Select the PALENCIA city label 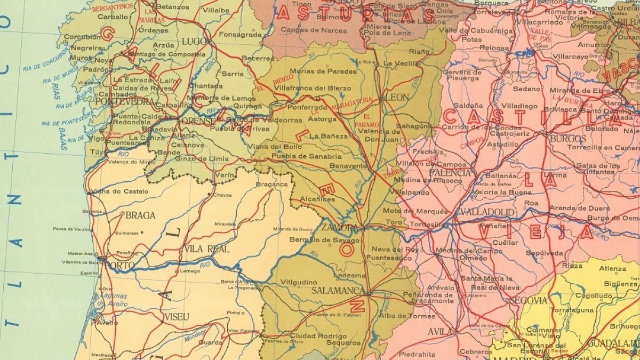pyautogui.click(x=450, y=173)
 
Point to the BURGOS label pyautogui.click(x=567, y=139)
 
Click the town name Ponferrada pyautogui.click(x=307, y=107)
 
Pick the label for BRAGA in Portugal pyautogui.click(x=140, y=215)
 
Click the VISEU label pyautogui.click(x=177, y=317)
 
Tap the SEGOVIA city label pyautogui.click(x=528, y=300)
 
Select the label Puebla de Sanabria pyautogui.click(x=306, y=156)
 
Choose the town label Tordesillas pyautogui.click(x=429, y=225)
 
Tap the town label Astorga pyautogui.click(x=323, y=119)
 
